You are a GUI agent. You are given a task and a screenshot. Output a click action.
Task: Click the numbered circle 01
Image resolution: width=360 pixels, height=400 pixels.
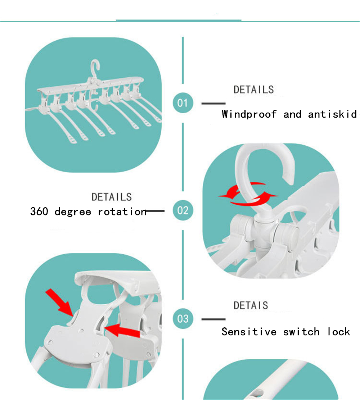tap(183, 103)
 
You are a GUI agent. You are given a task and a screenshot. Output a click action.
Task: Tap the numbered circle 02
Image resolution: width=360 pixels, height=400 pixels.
tap(183, 210)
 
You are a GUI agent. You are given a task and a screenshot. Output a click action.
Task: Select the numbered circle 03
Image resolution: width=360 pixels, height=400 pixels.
tap(183, 319)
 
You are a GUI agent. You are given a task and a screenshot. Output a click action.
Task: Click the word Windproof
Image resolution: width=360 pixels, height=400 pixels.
tap(249, 114)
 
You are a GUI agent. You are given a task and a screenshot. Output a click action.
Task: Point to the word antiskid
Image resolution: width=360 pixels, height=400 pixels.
tap(332, 114)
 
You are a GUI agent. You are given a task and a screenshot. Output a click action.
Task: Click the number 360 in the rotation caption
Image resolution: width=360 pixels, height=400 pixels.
tap(39, 211)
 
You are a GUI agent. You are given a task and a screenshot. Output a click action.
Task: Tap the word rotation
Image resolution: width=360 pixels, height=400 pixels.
tap(122, 212)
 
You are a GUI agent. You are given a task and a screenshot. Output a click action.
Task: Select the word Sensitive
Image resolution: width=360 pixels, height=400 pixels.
tap(249, 332)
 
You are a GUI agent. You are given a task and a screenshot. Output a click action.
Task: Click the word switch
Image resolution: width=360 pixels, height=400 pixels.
tap(301, 332)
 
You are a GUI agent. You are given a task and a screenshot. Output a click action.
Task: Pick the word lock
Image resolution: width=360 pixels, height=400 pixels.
tap(339, 332)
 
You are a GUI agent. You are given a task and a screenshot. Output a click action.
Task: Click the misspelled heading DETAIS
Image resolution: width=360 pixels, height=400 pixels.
tap(251, 305)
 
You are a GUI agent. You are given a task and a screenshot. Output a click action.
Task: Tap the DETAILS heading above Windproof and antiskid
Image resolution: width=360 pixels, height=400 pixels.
tap(253, 90)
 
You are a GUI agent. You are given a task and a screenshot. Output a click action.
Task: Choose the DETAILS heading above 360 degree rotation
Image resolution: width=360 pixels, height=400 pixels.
tap(112, 197)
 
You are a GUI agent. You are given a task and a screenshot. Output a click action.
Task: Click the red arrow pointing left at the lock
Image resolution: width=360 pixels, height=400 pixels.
tap(122, 330)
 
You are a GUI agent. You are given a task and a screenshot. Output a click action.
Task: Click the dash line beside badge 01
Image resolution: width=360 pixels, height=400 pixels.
tap(213, 103)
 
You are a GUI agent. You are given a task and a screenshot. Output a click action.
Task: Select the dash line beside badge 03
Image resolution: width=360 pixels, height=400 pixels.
tap(213, 319)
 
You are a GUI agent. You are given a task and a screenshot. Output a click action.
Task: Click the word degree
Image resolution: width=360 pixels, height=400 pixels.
tap(73, 212)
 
